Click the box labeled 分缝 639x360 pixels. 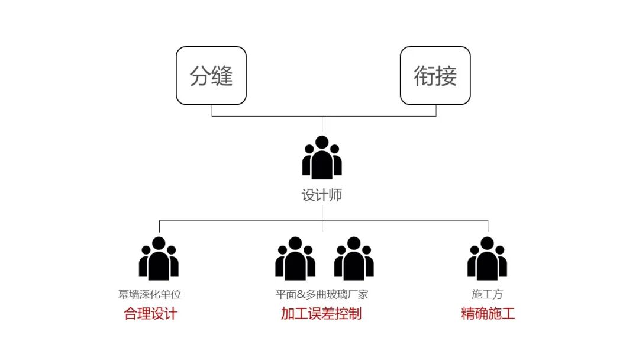[211, 76]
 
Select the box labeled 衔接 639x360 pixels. [435, 76]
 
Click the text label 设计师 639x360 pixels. [322, 195]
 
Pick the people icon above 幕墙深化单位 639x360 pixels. [159, 259]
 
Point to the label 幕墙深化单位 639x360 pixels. [150, 294]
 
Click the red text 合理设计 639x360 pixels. [150, 313]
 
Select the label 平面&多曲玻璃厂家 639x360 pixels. [322, 294]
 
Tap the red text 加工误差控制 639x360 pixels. [321, 313]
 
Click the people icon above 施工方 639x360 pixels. [487, 259]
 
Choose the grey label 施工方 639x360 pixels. [487, 294]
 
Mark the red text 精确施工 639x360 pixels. [488, 313]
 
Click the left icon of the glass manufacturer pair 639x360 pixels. [295, 259]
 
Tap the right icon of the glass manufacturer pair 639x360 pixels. [354, 259]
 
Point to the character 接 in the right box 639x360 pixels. [447, 76]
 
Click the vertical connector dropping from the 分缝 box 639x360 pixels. [212, 110]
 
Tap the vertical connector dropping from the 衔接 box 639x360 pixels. [436, 110]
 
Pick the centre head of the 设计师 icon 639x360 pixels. [322, 143]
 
